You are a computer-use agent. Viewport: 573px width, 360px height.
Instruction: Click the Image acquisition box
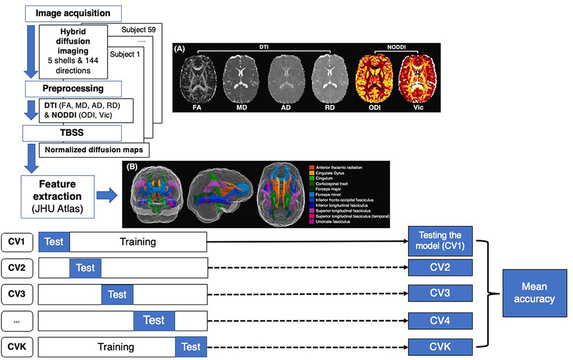coord(73,13)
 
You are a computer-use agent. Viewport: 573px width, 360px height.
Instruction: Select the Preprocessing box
coord(73,89)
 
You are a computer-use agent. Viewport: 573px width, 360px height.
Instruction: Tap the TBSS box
coord(73,133)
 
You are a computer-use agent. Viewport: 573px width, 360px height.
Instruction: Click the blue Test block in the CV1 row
coord(54,242)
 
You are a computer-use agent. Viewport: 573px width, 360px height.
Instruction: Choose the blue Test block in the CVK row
coord(191,346)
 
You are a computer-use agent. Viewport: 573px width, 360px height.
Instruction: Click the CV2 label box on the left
coord(17,268)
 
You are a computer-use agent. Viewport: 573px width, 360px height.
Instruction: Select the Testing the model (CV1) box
coord(440,241)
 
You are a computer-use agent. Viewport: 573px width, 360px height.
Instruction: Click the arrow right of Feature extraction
coord(107,196)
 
